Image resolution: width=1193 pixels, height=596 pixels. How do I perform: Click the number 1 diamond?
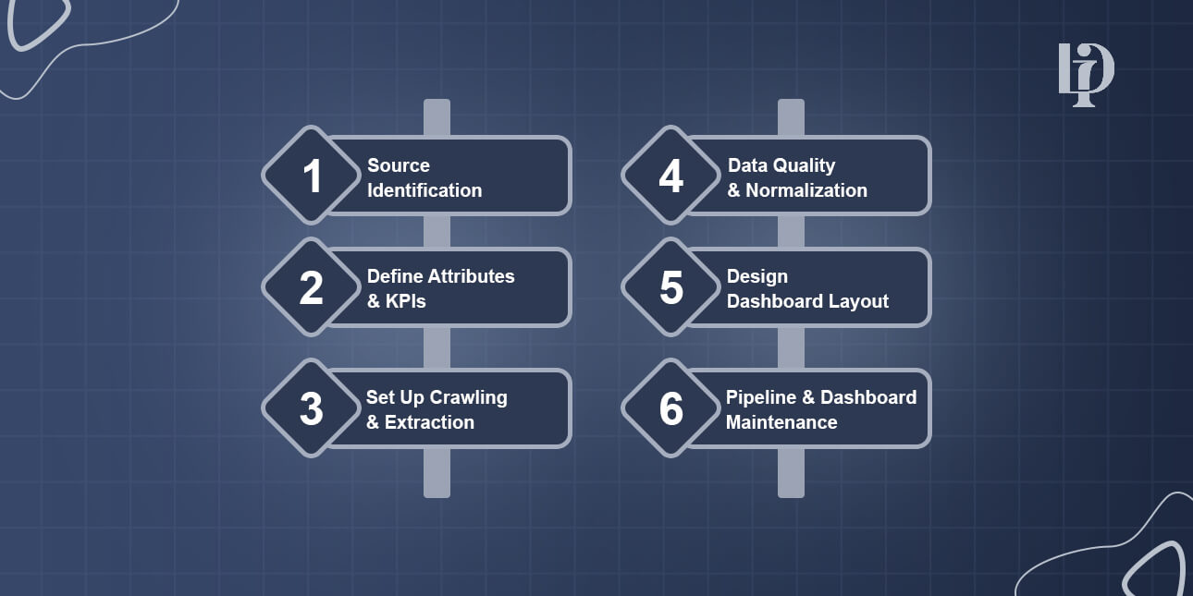[312, 176]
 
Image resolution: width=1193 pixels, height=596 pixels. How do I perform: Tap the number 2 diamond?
[312, 287]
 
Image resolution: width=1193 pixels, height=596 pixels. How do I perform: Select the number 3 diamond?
[312, 408]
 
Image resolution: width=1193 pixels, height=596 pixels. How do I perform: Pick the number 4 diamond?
[670, 176]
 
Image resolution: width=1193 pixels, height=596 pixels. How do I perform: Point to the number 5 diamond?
[670, 287]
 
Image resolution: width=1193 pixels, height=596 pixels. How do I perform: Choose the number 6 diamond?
[670, 408]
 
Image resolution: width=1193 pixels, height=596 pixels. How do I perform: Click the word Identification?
[424, 190]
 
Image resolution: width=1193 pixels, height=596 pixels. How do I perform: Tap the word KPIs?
[406, 301]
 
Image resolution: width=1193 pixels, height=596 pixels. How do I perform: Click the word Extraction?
[430, 422]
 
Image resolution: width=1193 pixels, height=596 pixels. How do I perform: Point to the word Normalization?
[806, 190]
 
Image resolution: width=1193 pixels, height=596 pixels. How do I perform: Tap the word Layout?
[859, 301]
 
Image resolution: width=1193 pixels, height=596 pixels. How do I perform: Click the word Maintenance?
[781, 422]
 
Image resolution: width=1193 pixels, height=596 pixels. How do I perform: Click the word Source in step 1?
[399, 165]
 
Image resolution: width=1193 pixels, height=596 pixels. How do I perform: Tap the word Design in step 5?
[757, 276]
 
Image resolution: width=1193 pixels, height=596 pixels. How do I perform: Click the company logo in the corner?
[1086, 74]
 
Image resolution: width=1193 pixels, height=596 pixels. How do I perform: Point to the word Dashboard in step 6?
[868, 397]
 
